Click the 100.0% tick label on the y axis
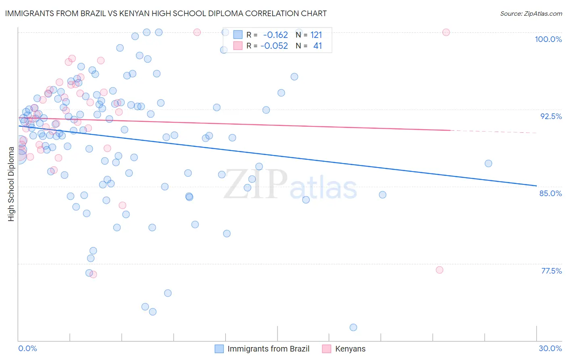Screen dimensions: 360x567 coord(548,39)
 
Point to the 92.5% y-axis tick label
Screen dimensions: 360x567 coord(551,116)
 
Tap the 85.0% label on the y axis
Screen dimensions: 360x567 coord(550,193)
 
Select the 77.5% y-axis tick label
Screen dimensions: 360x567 coord(551,271)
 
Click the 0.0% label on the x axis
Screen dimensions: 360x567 coord(27,348)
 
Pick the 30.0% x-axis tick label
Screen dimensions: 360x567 coord(550,348)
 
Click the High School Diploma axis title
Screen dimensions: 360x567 coord(11,184)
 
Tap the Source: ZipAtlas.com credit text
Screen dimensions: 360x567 coord(531,14)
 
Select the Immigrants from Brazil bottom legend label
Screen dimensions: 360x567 coord(268,349)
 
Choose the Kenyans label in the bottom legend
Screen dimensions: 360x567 coord(350,349)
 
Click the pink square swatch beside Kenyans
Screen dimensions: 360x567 coord(326,349)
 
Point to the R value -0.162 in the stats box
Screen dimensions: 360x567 coord(275,35)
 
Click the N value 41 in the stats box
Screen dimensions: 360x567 coord(317,46)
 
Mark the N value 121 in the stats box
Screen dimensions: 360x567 coord(316,35)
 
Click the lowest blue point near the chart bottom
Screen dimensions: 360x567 coord(353,327)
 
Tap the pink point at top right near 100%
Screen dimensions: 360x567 coord(446,32)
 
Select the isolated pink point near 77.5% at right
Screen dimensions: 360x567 coord(440,270)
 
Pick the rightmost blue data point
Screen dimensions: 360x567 coord(488,163)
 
